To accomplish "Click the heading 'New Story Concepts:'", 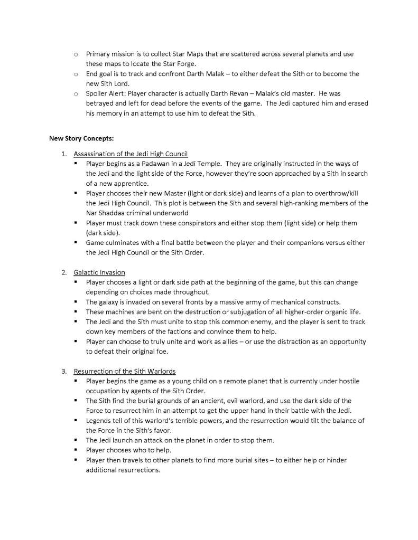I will pos(77,139).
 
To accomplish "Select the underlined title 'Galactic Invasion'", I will pos(99,272).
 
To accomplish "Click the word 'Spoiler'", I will pos(97,93).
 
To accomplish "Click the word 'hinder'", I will pos(336,460).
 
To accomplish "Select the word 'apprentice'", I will pos(135,184).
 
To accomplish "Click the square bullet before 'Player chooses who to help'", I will pos(76,450).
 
